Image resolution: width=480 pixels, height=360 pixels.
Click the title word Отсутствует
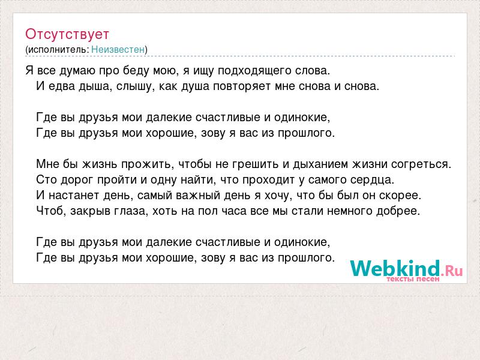(67, 34)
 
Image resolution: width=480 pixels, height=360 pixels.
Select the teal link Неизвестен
(118, 49)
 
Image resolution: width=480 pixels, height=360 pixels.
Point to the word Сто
(46, 179)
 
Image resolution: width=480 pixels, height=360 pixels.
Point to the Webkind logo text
(395, 268)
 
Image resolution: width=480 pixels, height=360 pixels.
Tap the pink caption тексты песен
(413, 279)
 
